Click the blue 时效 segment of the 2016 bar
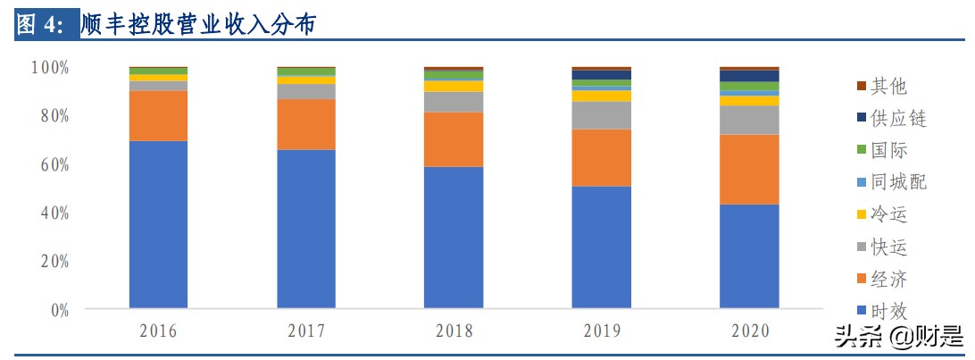158,224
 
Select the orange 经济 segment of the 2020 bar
749,170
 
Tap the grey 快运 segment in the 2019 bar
601,115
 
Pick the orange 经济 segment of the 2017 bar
306,124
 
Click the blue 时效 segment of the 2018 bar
454,238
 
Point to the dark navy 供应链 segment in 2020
749,76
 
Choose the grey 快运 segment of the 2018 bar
454,102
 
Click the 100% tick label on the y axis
50,68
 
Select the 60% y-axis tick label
53,165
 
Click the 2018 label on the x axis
454,331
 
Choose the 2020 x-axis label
749,331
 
